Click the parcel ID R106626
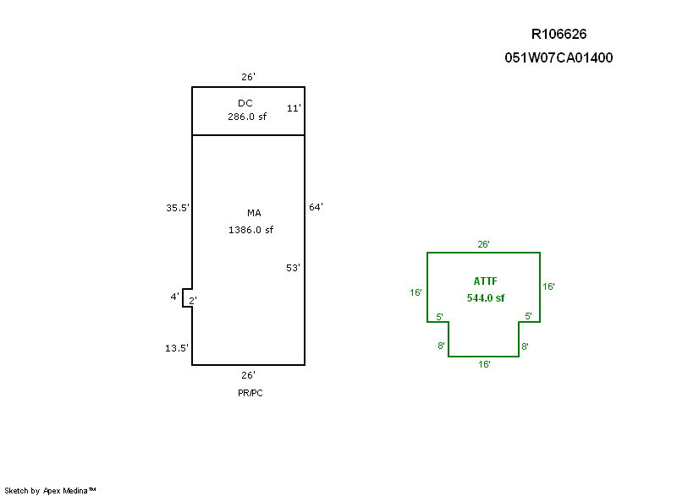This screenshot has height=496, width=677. (x=559, y=34)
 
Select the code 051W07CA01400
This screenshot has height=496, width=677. (x=559, y=57)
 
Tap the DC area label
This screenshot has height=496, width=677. (x=245, y=103)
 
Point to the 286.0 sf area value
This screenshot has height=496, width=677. (x=247, y=117)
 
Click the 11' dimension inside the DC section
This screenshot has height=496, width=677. (x=294, y=108)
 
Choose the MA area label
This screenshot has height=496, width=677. (x=254, y=213)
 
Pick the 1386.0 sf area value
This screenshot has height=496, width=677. (x=250, y=230)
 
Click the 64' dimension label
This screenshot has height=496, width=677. (x=316, y=207)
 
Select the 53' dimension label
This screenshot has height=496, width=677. (x=293, y=268)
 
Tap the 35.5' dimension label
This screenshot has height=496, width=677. (x=178, y=208)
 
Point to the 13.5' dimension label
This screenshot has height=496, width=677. (x=177, y=348)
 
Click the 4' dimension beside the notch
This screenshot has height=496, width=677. (x=174, y=297)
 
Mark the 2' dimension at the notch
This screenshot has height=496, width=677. (x=193, y=300)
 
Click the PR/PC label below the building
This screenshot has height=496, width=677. (x=250, y=393)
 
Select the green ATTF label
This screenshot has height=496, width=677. (x=485, y=281)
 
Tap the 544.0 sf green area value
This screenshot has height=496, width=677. (x=485, y=298)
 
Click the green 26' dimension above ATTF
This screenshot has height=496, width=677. (x=483, y=244)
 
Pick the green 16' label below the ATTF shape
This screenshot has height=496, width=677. (x=484, y=364)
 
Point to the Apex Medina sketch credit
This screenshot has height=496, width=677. (x=50, y=490)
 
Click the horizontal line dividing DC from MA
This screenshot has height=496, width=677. (x=248, y=135)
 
